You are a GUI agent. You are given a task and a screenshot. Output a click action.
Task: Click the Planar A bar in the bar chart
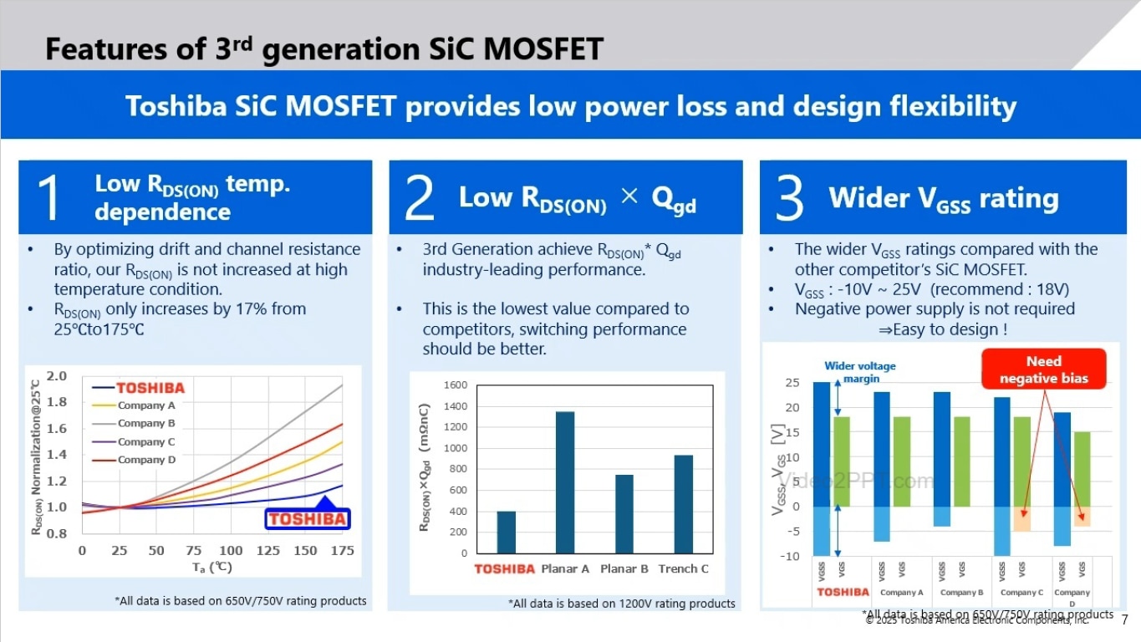[x=565, y=481]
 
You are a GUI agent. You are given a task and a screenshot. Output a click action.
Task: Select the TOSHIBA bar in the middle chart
[x=506, y=532]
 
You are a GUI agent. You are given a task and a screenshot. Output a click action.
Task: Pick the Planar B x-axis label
[x=624, y=569]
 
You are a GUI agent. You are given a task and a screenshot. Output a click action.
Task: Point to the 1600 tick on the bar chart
[x=456, y=385]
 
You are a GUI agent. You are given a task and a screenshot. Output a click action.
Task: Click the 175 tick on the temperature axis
[x=342, y=550]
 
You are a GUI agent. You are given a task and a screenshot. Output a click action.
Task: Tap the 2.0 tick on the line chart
[x=57, y=377]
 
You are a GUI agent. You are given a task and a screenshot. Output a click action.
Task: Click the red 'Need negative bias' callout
[x=1043, y=369]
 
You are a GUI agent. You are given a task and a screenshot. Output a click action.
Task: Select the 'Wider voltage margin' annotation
[x=859, y=372]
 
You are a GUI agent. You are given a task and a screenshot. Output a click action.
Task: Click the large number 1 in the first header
[x=49, y=198]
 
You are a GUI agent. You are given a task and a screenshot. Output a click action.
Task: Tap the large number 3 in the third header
[x=789, y=198]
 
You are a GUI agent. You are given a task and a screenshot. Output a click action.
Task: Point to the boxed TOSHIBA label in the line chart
[x=307, y=518]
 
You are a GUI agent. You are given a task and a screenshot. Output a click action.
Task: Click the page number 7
[x=1124, y=620]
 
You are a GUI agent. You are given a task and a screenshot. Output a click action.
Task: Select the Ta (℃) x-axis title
[x=211, y=567]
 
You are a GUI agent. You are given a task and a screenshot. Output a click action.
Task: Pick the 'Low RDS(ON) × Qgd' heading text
[x=577, y=199]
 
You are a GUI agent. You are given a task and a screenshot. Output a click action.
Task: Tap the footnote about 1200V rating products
[x=621, y=604]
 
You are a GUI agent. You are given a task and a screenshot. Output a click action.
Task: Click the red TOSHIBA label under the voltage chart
[x=843, y=592]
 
